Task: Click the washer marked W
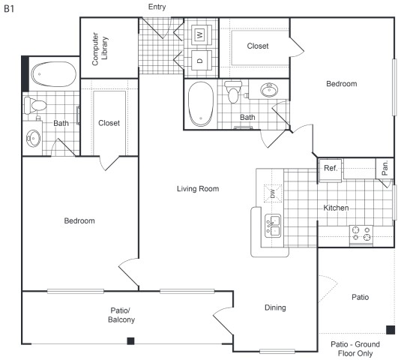tap(202, 34)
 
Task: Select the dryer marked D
tap(202, 60)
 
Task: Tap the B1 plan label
tap(9, 9)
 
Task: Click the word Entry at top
tap(157, 7)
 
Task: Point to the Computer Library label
tap(100, 49)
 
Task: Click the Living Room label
tap(198, 189)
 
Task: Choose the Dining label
tap(275, 307)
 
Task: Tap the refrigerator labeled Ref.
tap(331, 170)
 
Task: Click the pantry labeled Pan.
tap(385, 168)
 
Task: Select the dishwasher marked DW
tap(273, 193)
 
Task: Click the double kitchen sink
tap(273, 226)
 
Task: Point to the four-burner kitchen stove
tap(361, 235)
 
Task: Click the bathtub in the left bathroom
tap(53, 74)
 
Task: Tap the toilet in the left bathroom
tap(35, 105)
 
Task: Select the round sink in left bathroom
tap(33, 138)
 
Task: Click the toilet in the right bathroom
tap(233, 91)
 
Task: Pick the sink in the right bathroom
tap(269, 90)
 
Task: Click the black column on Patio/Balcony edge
tap(130, 340)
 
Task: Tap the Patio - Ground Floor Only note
tap(355, 349)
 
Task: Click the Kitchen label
tap(336, 208)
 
